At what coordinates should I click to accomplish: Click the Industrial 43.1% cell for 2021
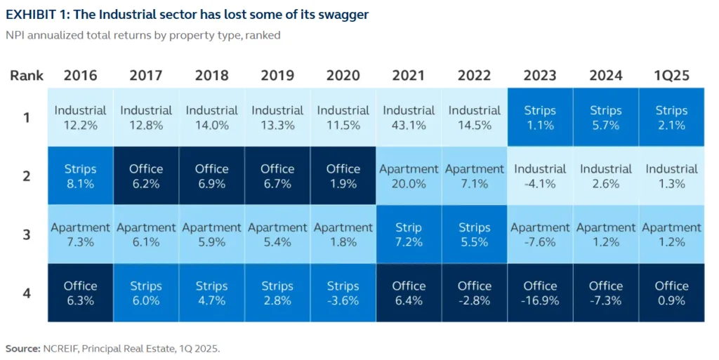pos(409,117)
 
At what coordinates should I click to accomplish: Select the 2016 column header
pos(81,76)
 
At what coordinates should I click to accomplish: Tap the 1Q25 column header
pos(671,76)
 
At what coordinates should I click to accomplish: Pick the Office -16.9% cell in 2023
pos(540,293)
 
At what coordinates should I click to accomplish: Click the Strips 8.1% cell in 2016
pos(81,176)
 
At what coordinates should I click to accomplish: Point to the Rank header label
pos(27,76)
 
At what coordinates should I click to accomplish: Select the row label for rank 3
pos(27,234)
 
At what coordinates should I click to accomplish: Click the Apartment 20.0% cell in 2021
pos(409,176)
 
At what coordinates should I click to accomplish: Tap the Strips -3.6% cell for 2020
pos(343,293)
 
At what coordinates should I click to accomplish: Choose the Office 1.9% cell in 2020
pos(343,176)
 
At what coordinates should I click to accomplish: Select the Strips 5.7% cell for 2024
pos(605,117)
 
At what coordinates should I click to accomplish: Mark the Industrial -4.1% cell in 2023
pos(540,176)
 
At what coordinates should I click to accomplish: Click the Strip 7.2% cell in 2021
pos(409,234)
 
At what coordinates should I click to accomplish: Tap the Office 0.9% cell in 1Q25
pos(671,293)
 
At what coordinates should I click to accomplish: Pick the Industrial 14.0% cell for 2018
pos(211,117)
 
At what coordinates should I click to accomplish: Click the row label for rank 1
pos(27,117)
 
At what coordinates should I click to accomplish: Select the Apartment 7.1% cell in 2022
pos(474,176)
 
